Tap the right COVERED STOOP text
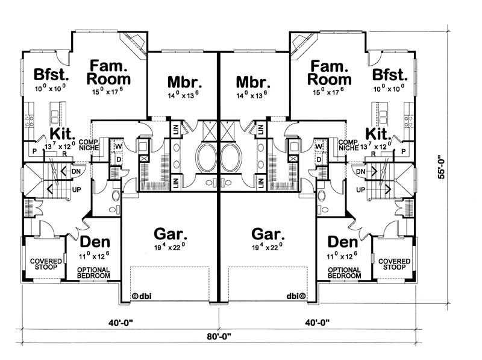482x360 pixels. tap(395, 264)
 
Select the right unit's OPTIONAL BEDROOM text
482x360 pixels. tap(345, 272)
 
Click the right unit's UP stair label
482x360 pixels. tap(360, 190)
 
